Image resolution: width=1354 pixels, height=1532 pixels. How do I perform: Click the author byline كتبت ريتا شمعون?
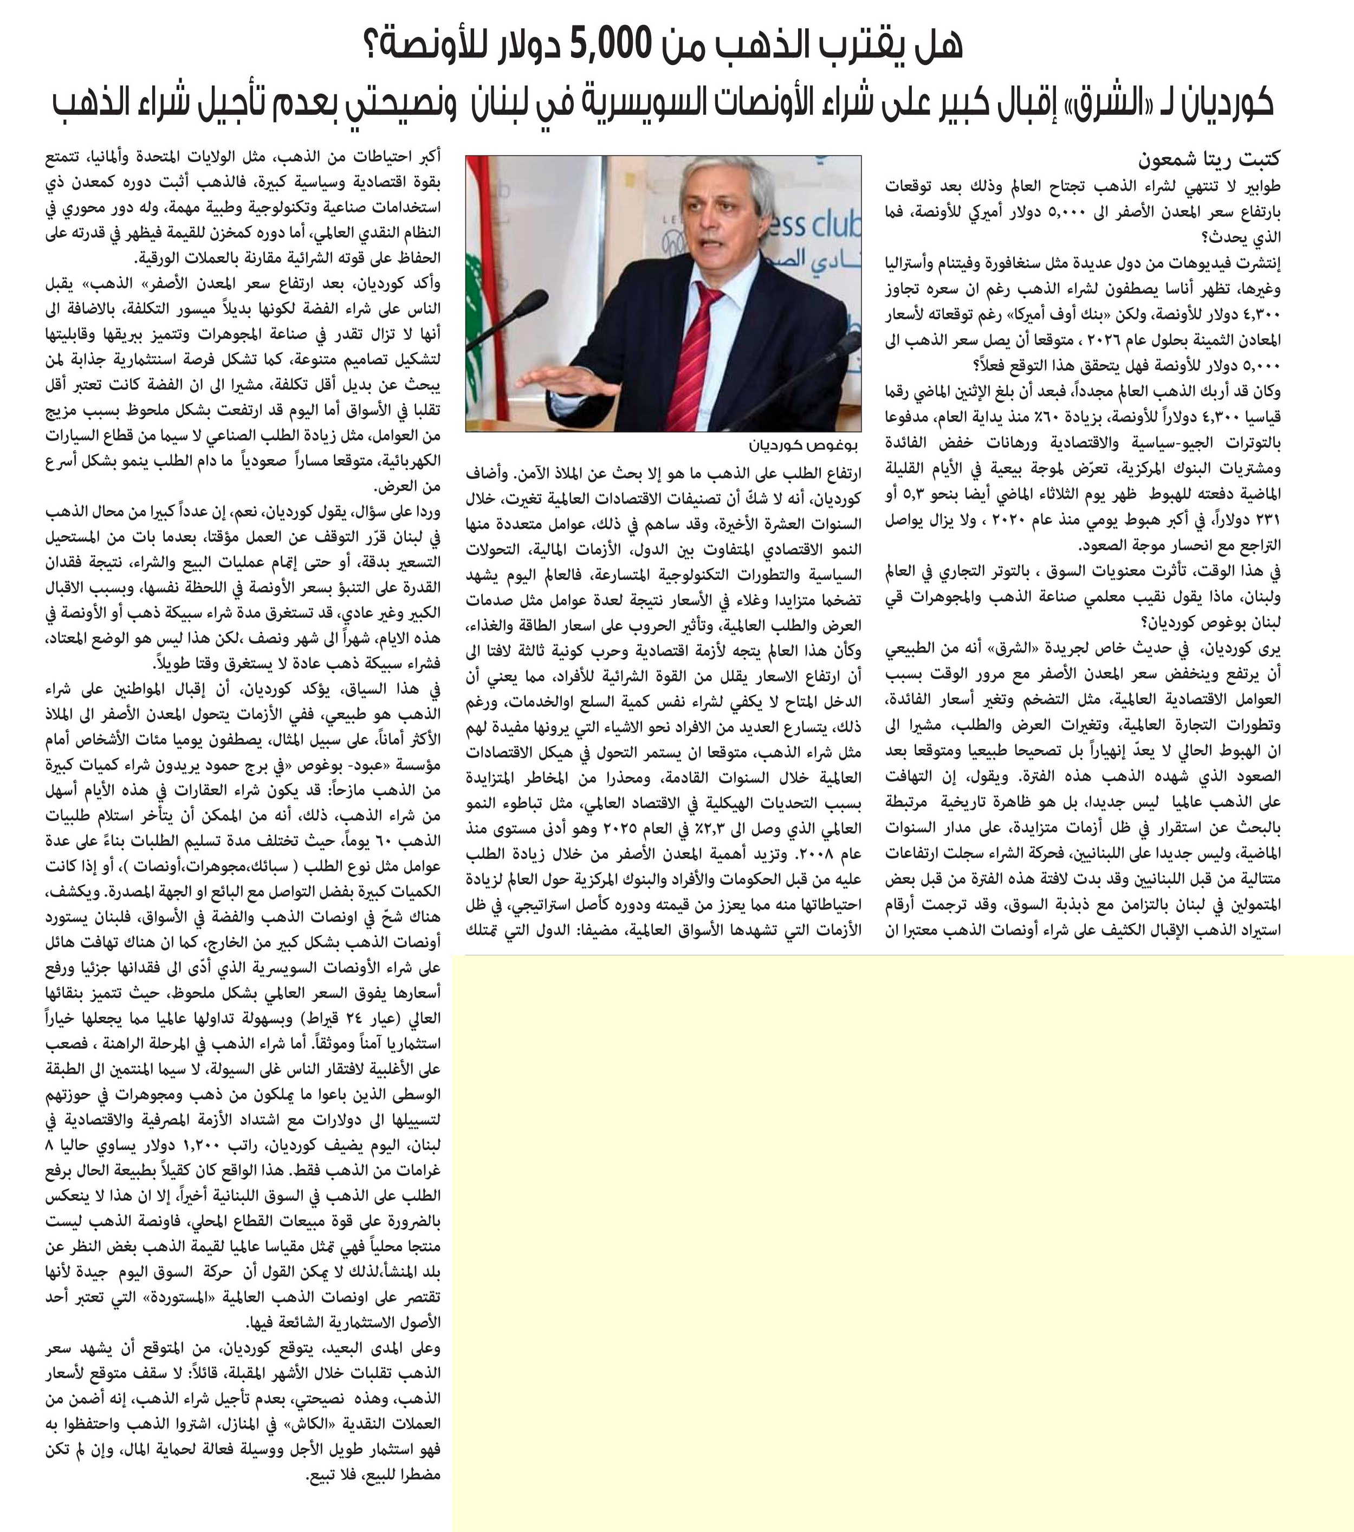point(1208,160)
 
